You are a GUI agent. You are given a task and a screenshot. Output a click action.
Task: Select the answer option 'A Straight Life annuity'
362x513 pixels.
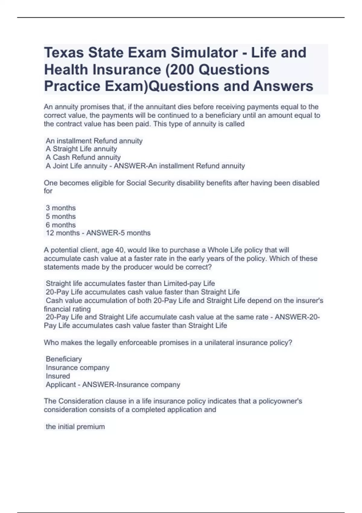pos(81,149)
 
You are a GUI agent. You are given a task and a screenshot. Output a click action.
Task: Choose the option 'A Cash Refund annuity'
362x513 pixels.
pos(83,158)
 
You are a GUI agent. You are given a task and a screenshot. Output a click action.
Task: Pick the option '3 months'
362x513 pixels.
pos(61,208)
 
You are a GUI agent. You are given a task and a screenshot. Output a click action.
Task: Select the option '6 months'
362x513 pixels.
pos(61,225)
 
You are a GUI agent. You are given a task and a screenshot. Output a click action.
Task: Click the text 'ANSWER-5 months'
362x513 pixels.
pos(118,233)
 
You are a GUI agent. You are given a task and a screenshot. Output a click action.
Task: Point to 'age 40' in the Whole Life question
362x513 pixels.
pos(111,250)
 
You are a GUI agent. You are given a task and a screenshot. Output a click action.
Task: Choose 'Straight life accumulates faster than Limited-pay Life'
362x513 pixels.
pos(130,284)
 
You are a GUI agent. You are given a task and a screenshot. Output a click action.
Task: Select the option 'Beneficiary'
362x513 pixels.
pos(64,359)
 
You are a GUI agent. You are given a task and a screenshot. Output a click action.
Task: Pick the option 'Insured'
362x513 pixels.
pos(58,376)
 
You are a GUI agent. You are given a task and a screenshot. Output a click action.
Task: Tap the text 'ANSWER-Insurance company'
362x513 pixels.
pos(131,385)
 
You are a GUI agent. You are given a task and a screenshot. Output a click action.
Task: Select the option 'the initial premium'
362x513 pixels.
pos(75,427)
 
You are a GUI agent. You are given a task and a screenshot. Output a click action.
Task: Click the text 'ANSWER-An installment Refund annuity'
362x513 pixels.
pos(179,166)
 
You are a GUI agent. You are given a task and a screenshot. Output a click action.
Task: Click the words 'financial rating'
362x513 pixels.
pos(67,309)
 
